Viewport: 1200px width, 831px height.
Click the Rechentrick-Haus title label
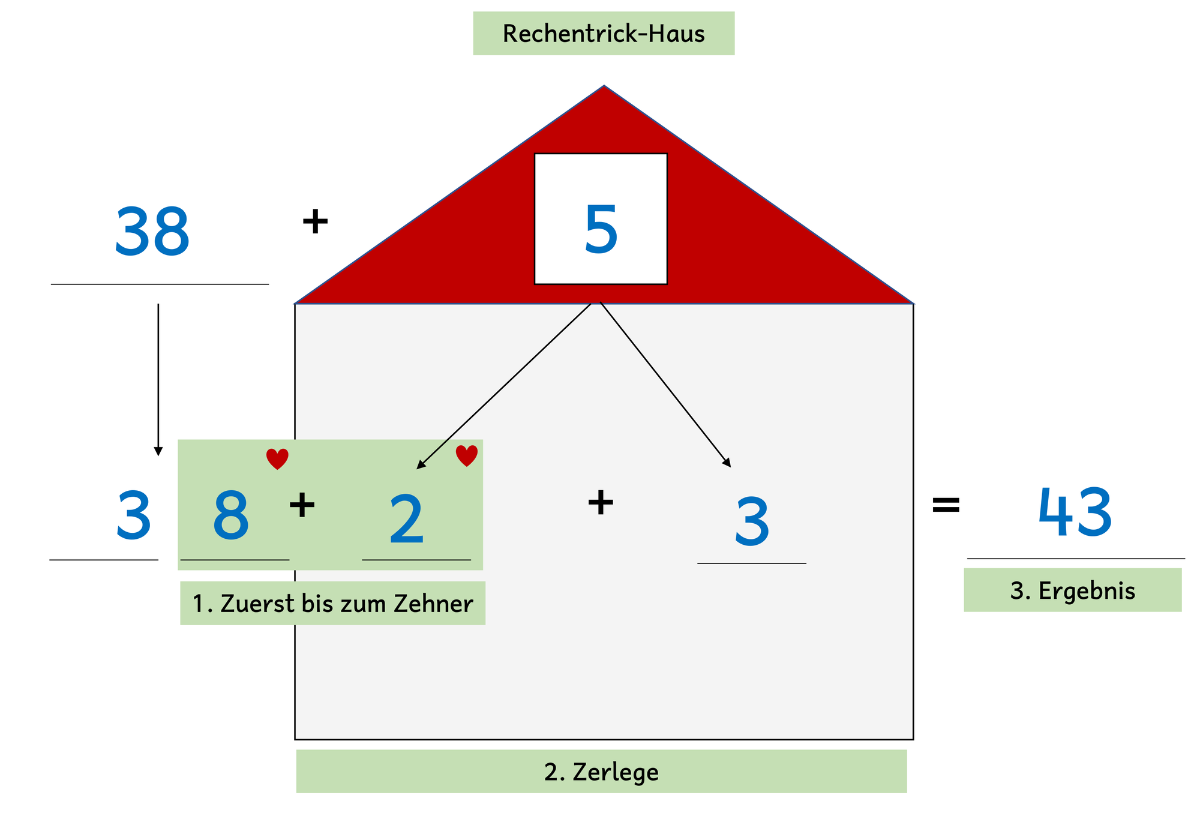[604, 34]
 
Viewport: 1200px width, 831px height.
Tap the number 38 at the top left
[152, 232]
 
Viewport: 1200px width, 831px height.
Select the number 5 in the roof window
[601, 229]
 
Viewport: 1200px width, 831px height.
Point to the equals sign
[946, 505]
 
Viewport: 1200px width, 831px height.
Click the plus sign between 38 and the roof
[315, 221]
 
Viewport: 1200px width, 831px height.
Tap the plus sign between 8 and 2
[302, 505]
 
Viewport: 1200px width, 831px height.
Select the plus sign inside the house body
[601, 502]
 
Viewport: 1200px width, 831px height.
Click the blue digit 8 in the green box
[231, 515]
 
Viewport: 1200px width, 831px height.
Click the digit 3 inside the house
[752, 522]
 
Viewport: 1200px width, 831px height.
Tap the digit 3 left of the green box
[133, 515]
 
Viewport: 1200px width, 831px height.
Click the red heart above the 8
[277, 459]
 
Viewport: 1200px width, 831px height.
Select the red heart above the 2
[467, 456]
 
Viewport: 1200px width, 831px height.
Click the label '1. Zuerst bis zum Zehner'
[332, 603]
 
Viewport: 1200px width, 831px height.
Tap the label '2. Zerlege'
[601, 771]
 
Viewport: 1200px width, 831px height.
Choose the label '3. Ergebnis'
[1073, 590]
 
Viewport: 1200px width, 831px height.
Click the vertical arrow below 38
[158, 380]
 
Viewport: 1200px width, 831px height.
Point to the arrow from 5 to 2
[504, 385]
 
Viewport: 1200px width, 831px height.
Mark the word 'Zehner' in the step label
[433, 604]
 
